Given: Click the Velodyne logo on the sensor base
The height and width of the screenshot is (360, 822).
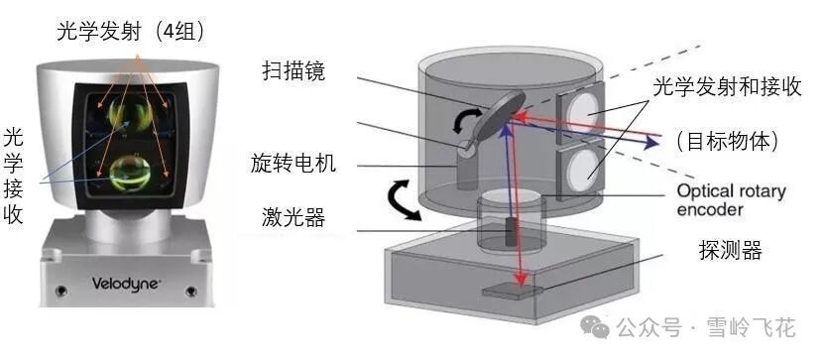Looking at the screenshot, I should tap(126, 283).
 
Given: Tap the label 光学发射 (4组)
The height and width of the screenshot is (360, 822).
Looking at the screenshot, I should tap(130, 32).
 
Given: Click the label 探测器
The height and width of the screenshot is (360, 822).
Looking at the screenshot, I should tap(731, 251).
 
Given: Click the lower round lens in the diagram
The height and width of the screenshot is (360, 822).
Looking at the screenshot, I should tap(582, 169).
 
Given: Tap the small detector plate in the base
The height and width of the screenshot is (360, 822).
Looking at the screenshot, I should tap(508, 294).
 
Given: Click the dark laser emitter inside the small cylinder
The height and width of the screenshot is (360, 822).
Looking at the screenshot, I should tap(512, 231).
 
